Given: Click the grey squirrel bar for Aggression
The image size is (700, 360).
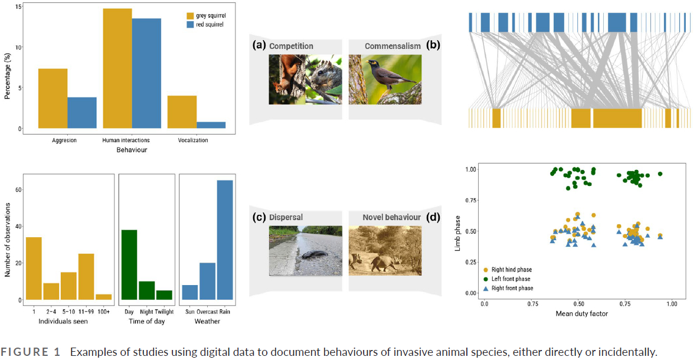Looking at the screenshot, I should click(53, 99).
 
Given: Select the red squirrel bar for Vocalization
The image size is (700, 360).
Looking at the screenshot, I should click(211, 125).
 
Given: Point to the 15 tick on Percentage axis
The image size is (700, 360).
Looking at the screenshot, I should click(19, 6).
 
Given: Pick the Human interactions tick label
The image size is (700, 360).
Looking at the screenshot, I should click(126, 140).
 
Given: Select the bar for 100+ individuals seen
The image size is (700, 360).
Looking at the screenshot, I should click(103, 297).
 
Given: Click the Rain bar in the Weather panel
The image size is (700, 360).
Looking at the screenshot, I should click(224, 240).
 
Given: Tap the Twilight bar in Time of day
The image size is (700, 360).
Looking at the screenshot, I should click(165, 295).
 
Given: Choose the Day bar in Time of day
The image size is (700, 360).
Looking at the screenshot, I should click(129, 264).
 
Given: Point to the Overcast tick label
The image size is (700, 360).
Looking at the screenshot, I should click(207, 312).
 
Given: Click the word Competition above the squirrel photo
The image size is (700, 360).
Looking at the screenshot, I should click(291, 46).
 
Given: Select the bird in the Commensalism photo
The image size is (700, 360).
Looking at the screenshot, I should click(382, 73).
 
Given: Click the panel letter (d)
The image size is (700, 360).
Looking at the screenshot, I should click(433, 217).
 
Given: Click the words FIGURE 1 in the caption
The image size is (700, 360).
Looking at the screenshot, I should click(35, 352).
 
